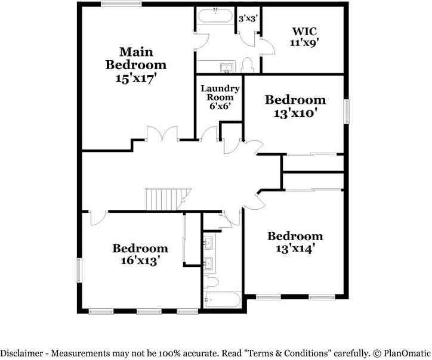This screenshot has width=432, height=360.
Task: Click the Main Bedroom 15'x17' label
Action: pyautogui.click(x=136, y=65)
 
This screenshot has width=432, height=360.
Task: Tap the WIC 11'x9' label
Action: pyautogui.click(x=304, y=36)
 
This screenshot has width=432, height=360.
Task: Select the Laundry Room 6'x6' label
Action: pyautogui.click(x=220, y=97)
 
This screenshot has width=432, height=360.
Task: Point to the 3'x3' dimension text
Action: pyautogui.click(x=248, y=18)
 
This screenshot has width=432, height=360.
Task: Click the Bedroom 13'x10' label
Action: pyautogui.click(x=295, y=106)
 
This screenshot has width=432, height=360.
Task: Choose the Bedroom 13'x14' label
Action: pyautogui.click(x=295, y=242)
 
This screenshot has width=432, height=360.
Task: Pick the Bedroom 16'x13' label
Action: pyautogui.click(x=140, y=255)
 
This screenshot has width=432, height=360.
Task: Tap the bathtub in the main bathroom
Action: pyautogui.click(x=215, y=16)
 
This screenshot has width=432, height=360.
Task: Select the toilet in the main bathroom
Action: pyautogui.click(x=247, y=65)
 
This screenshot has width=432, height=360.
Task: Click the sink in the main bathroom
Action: pyautogui.click(x=227, y=67)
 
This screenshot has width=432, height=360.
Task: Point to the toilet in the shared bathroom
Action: pyautogui.click(x=211, y=282)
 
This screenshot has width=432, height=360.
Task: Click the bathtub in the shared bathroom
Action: pyautogui.click(x=222, y=300)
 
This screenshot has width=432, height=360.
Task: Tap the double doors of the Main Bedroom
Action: pyautogui.click(x=162, y=134)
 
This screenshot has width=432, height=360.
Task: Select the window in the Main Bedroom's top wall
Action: pyautogui.click(x=121, y=4)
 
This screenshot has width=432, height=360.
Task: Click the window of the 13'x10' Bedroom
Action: pyautogui.click(x=347, y=111)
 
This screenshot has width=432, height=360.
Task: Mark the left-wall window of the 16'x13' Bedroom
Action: pyautogui.click(x=79, y=270)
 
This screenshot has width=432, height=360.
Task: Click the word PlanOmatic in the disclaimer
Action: pyautogui.click(x=407, y=353)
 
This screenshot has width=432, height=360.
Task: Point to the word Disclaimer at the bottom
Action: pyautogui.click(x=21, y=353)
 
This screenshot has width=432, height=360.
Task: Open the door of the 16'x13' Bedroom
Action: pyautogui.click(x=98, y=218)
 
